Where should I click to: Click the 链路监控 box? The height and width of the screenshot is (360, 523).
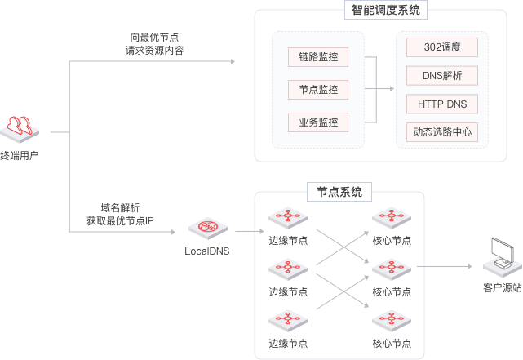click(x=318, y=57)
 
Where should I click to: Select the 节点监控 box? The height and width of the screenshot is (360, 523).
click(x=318, y=90)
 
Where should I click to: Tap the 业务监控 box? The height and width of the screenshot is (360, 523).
click(x=318, y=122)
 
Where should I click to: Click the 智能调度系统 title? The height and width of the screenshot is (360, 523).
click(x=387, y=11)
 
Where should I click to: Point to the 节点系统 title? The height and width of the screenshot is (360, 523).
click(x=339, y=192)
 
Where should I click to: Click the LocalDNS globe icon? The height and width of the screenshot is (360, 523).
click(x=207, y=228)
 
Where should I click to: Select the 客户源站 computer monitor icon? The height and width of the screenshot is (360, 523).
click(x=501, y=256)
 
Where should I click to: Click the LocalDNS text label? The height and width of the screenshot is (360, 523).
click(x=207, y=251)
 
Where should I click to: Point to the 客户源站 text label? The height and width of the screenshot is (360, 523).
click(x=502, y=288)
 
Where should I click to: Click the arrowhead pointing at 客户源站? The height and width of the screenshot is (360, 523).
click(x=470, y=267)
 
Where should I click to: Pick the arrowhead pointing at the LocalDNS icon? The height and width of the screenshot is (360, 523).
click(x=172, y=232)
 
